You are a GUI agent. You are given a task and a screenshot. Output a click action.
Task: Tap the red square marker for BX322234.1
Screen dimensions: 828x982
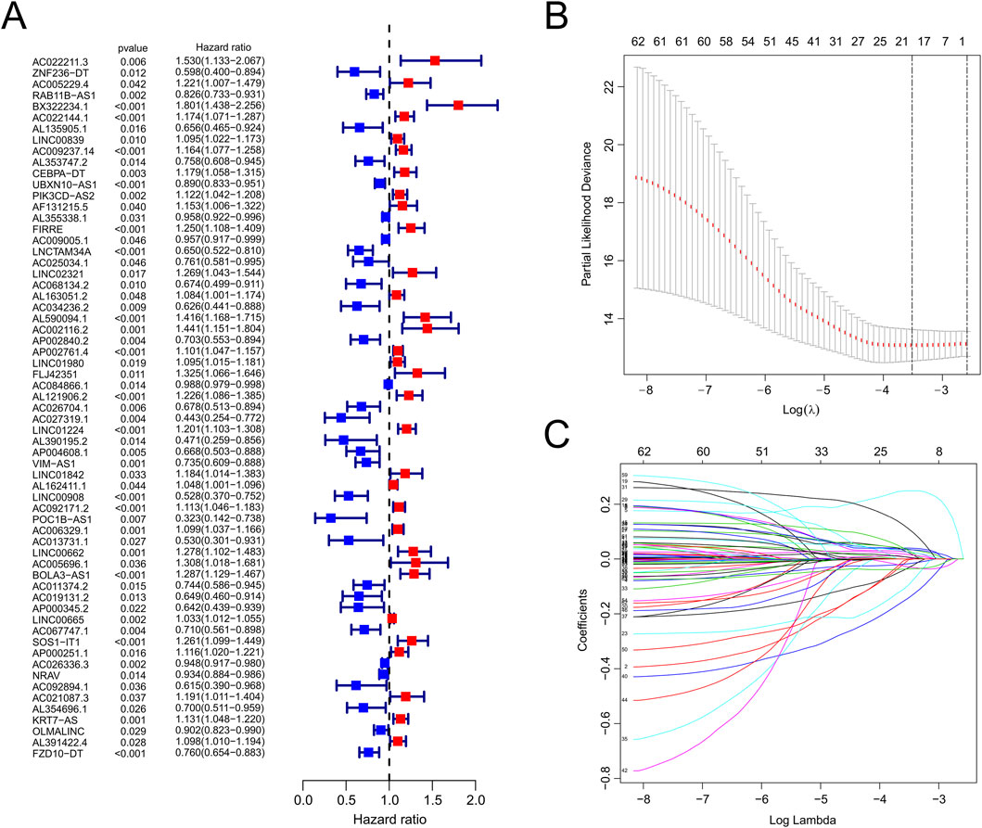[x=458, y=106]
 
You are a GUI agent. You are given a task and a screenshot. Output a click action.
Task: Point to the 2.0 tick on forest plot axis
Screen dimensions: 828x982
[x=475, y=799]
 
